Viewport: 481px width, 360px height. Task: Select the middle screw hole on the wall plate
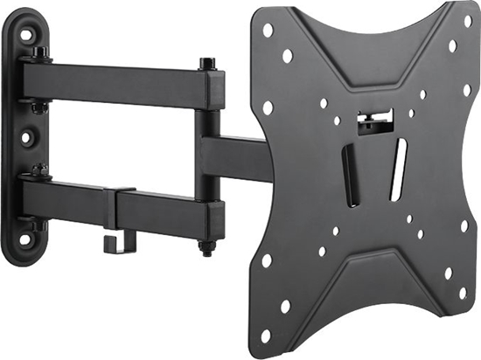point(27,138)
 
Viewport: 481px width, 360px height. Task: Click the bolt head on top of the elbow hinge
point(207,64)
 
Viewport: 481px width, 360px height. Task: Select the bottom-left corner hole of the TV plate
point(266,260)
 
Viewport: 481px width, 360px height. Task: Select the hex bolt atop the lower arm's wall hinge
point(38,170)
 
